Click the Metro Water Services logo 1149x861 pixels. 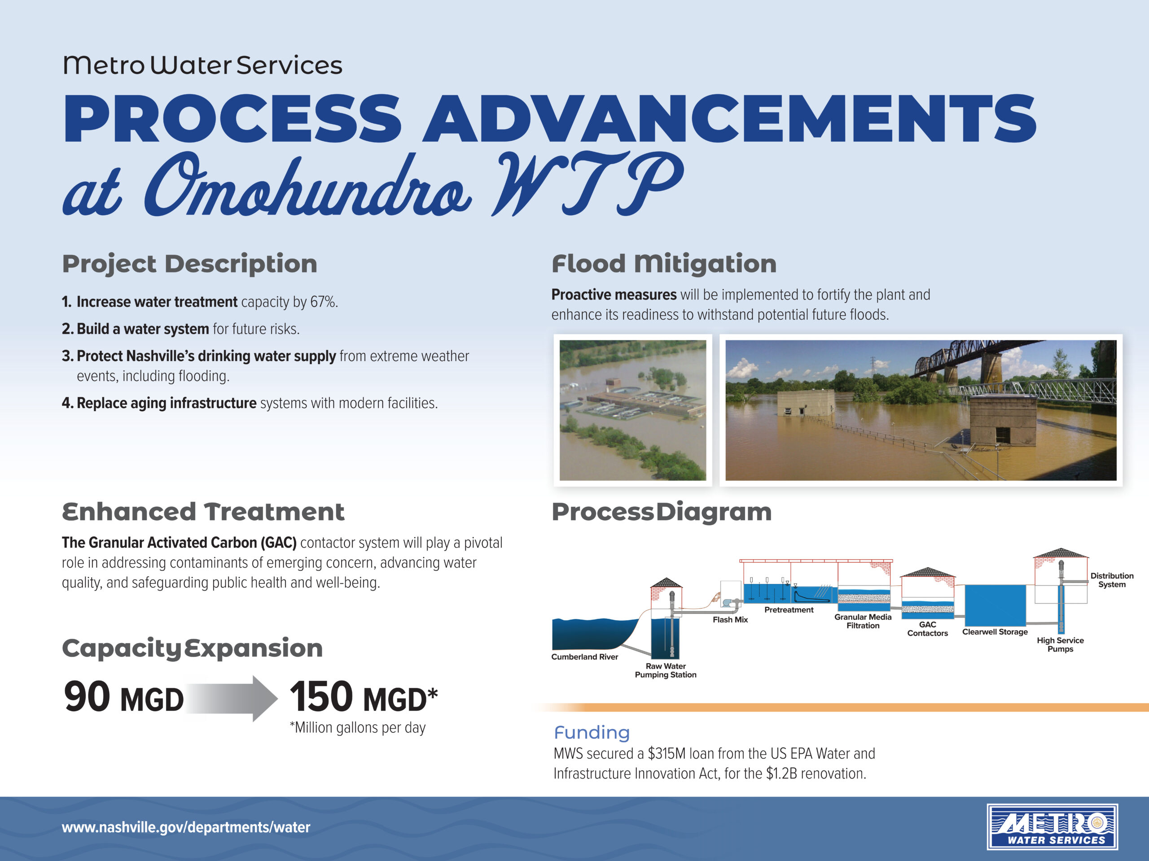(x=1053, y=827)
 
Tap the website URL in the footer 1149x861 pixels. (x=186, y=827)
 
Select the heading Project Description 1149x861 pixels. (x=189, y=264)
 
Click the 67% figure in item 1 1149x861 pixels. (x=323, y=301)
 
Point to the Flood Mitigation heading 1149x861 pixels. (x=664, y=264)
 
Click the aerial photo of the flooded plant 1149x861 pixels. (x=633, y=410)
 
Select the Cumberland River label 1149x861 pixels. (x=585, y=657)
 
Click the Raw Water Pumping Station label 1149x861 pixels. (x=666, y=670)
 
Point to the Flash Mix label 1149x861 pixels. (x=730, y=619)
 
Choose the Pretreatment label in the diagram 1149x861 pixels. (x=789, y=609)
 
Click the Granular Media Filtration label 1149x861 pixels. (x=863, y=621)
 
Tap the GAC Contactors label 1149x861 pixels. (x=928, y=629)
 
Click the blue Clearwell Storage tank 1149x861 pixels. (x=995, y=605)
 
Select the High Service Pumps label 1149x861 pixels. (x=1060, y=644)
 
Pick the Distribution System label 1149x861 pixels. (x=1112, y=580)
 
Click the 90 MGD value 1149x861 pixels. (x=123, y=697)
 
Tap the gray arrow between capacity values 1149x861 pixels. (x=232, y=698)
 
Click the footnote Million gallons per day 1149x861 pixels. (x=358, y=728)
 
